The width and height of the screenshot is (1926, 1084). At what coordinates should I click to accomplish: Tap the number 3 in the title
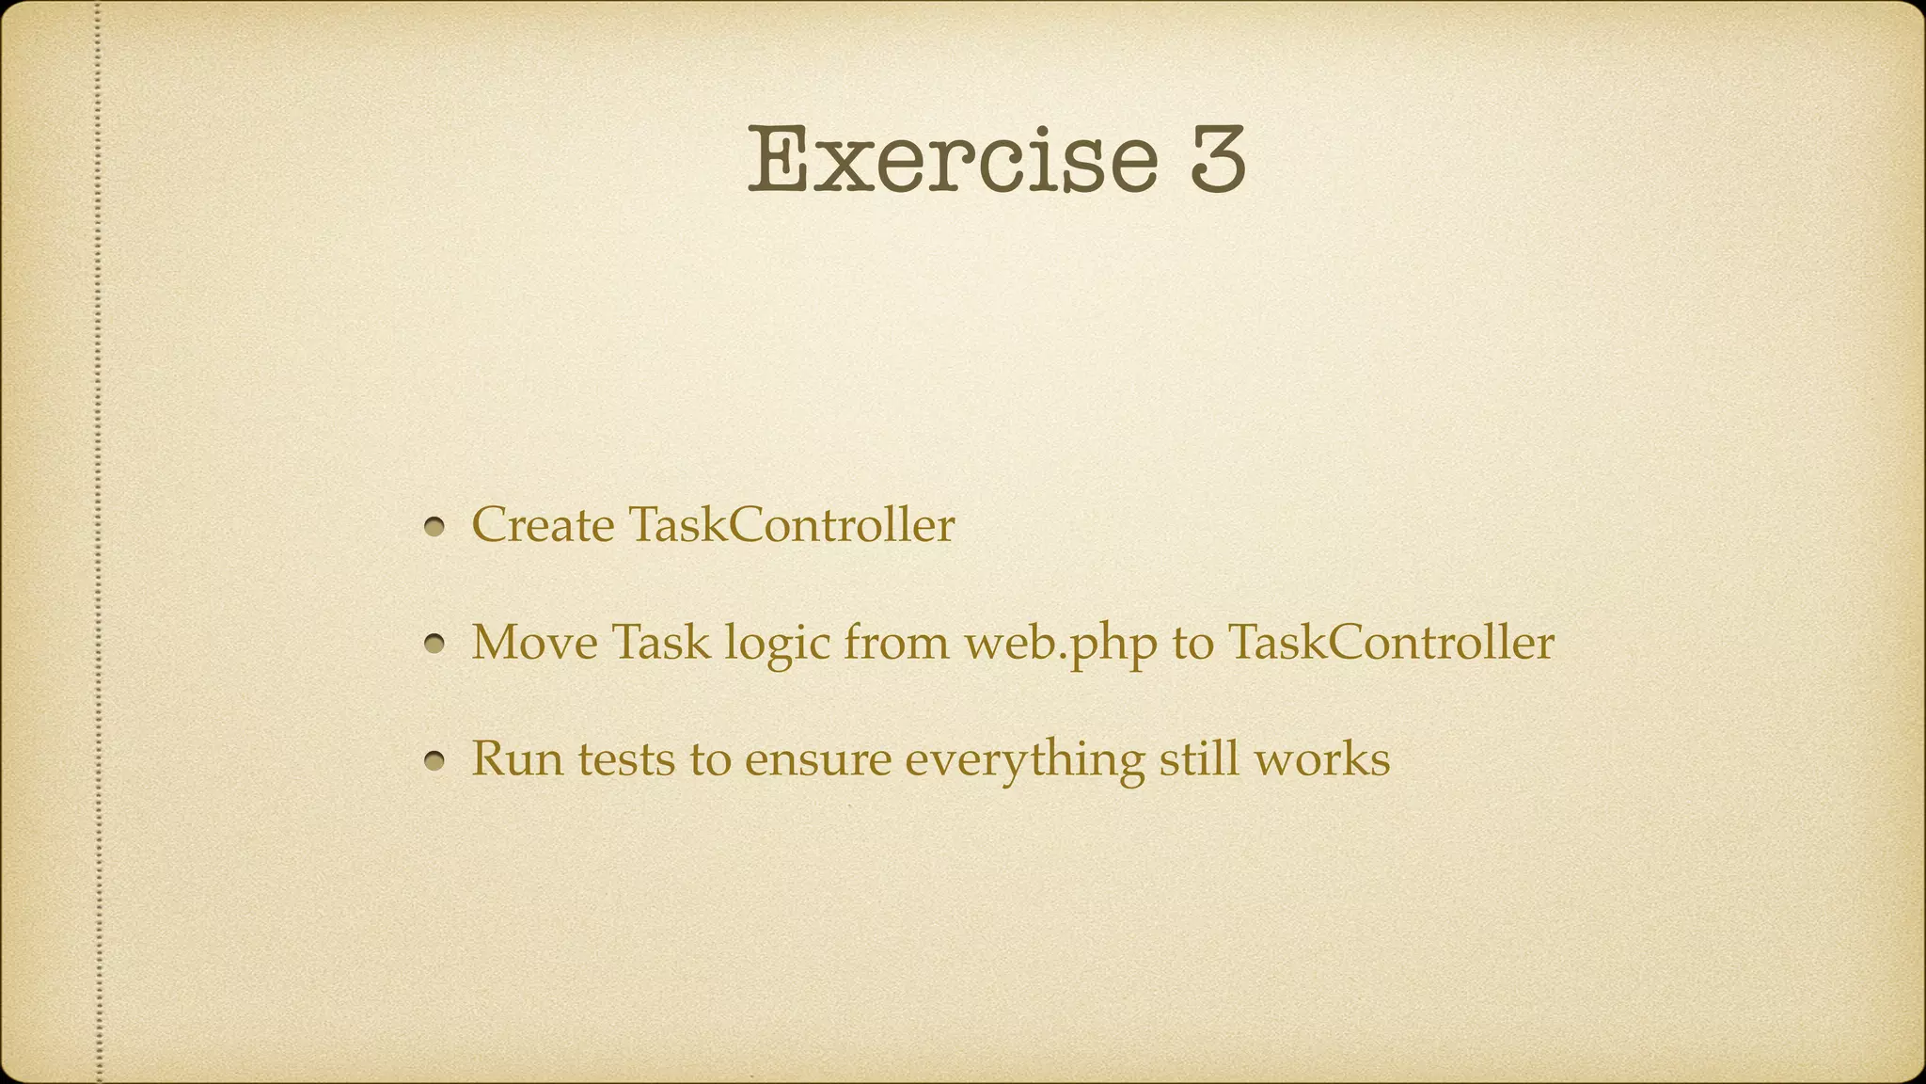point(1217,160)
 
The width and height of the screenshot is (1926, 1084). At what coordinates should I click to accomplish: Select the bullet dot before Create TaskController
point(434,527)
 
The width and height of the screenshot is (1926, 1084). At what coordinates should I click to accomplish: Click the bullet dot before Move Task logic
point(434,645)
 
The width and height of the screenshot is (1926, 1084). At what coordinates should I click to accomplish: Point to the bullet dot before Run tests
point(434,760)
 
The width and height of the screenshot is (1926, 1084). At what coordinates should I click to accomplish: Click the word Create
point(543,525)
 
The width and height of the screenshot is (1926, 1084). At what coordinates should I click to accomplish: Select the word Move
point(534,643)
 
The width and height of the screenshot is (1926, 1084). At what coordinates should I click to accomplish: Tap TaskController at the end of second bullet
point(1391,643)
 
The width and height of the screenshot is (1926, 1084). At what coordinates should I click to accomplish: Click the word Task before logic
point(660,643)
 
